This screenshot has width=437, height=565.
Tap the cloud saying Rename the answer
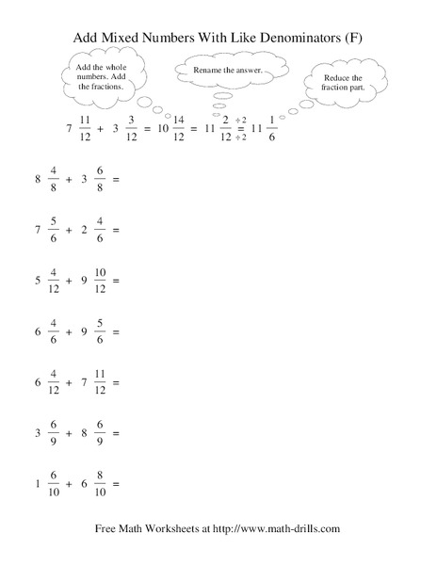(x=226, y=71)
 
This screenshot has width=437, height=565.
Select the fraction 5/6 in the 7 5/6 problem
(x=54, y=229)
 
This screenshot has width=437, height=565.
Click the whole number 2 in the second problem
(x=84, y=229)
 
